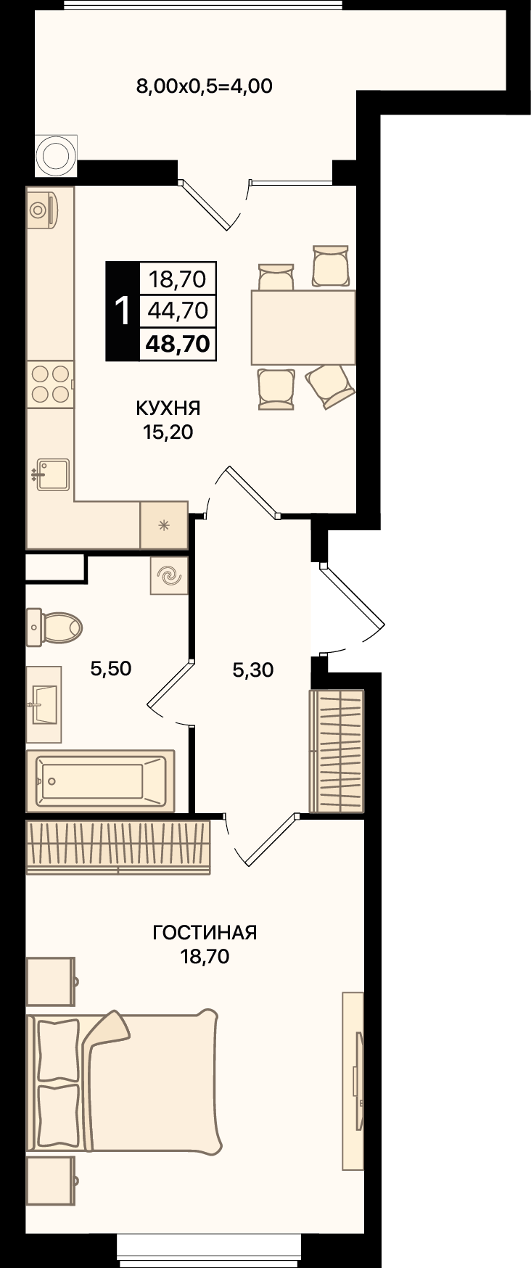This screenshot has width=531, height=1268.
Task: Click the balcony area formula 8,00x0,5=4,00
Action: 204,86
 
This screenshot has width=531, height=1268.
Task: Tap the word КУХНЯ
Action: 168,408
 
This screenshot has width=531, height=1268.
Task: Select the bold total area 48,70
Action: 178,342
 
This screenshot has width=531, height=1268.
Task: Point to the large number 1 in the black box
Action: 123,310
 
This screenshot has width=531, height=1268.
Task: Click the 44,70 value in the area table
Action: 178,310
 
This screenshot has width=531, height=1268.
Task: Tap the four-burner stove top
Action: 51,384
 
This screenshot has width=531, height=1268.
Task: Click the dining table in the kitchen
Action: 303,327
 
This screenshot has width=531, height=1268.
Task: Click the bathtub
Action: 101,781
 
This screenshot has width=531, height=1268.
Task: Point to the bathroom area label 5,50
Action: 111,668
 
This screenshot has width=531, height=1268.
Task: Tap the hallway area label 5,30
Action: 253,670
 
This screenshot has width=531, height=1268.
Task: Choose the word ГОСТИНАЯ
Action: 205,932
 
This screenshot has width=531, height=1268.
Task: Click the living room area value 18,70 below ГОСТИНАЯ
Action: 205,957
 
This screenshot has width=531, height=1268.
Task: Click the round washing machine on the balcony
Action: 57,155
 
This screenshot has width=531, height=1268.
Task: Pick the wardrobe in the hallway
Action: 337,751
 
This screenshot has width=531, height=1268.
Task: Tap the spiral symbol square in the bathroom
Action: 169,576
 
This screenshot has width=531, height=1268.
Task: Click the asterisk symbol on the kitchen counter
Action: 164,524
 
